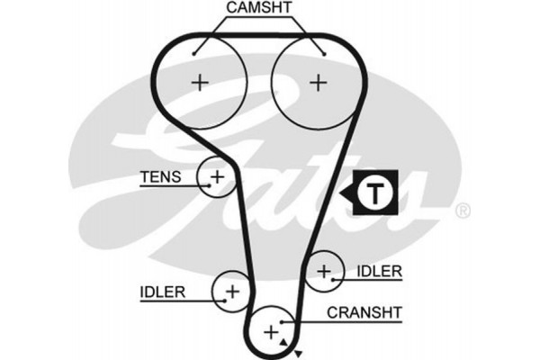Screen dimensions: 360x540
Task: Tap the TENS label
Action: pyautogui.click(x=160, y=176)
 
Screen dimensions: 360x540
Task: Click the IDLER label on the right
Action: pyautogui.click(x=379, y=270)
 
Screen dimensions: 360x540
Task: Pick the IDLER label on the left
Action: pyautogui.click(x=162, y=291)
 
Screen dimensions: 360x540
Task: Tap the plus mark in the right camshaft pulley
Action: pyautogui.click(x=318, y=83)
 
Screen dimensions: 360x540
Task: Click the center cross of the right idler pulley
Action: pyautogui.click(x=324, y=270)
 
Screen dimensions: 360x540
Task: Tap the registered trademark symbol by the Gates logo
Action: pyautogui.click(x=463, y=211)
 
